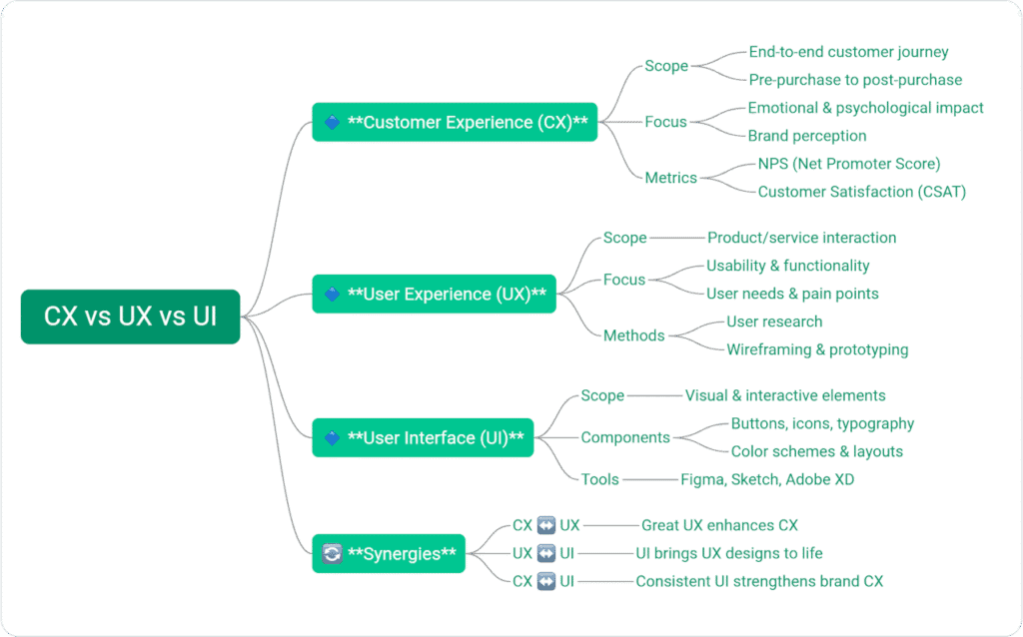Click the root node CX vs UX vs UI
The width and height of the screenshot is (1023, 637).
pyautogui.click(x=130, y=317)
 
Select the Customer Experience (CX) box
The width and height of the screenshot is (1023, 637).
pyautogui.click(x=455, y=122)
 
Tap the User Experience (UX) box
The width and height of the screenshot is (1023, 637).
pyautogui.click(x=434, y=294)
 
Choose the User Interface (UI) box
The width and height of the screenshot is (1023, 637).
pyautogui.click(x=423, y=437)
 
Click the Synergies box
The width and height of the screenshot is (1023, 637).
pyautogui.click(x=389, y=553)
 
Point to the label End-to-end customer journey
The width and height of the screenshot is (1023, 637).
pyautogui.click(x=848, y=52)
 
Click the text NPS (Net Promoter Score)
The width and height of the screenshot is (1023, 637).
pyautogui.click(x=849, y=164)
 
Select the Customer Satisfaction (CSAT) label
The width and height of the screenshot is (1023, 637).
pyautogui.click(x=861, y=192)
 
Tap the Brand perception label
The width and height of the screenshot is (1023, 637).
pyautogui.click(x=807, y=136)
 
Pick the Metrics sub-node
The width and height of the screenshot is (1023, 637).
pyautogui.click(x=670, y=178)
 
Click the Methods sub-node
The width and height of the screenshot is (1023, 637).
pyautogui.click(x=633, y=335)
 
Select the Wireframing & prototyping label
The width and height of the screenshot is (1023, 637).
pyautogui.click(x=817, y=349)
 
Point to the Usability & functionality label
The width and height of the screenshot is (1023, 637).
pyautogui.click(x=787, y=266)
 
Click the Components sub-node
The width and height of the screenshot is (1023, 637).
pyautogui.click(x=625, y=437)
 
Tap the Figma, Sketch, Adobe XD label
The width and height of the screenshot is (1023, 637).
pyautogui.click(x=767, y=479)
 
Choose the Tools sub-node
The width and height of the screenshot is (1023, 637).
pyautogui.click(x=599, y=479)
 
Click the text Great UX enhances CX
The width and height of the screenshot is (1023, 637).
pyautogui.click(x=719, y=525)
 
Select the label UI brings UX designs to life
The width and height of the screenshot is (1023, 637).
pyautogui.click(x=729, y=553)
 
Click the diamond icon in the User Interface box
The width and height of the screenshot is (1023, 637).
pyautogui.click(x=333, y=438)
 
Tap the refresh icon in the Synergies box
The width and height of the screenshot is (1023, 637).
pyautogui.click(x=333, y=553)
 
